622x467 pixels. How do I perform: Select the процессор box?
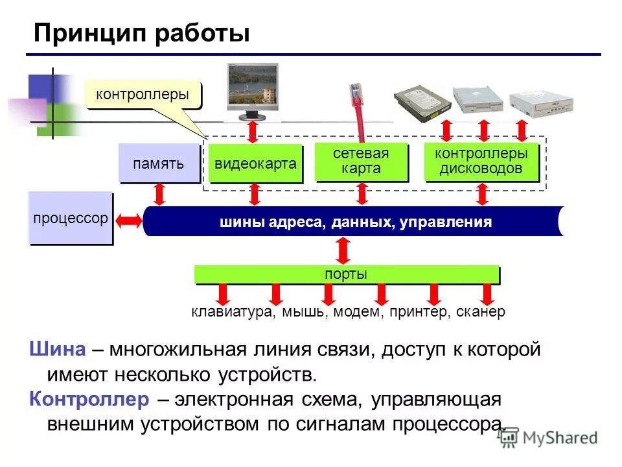pos(71,218)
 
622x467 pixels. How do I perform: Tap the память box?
pos(159,163)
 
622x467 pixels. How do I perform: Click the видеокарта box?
pos(255,163)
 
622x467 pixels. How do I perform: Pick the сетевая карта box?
pos(361,162)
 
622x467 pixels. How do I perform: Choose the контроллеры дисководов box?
pos(481,162)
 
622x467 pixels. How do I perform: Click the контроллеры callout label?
pos(143,95)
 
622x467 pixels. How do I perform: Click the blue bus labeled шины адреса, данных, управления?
pos(355,222)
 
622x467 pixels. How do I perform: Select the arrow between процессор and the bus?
pos(128,221)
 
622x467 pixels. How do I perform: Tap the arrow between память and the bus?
pos(159,195)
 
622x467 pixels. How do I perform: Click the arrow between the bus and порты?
pos(343,250)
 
